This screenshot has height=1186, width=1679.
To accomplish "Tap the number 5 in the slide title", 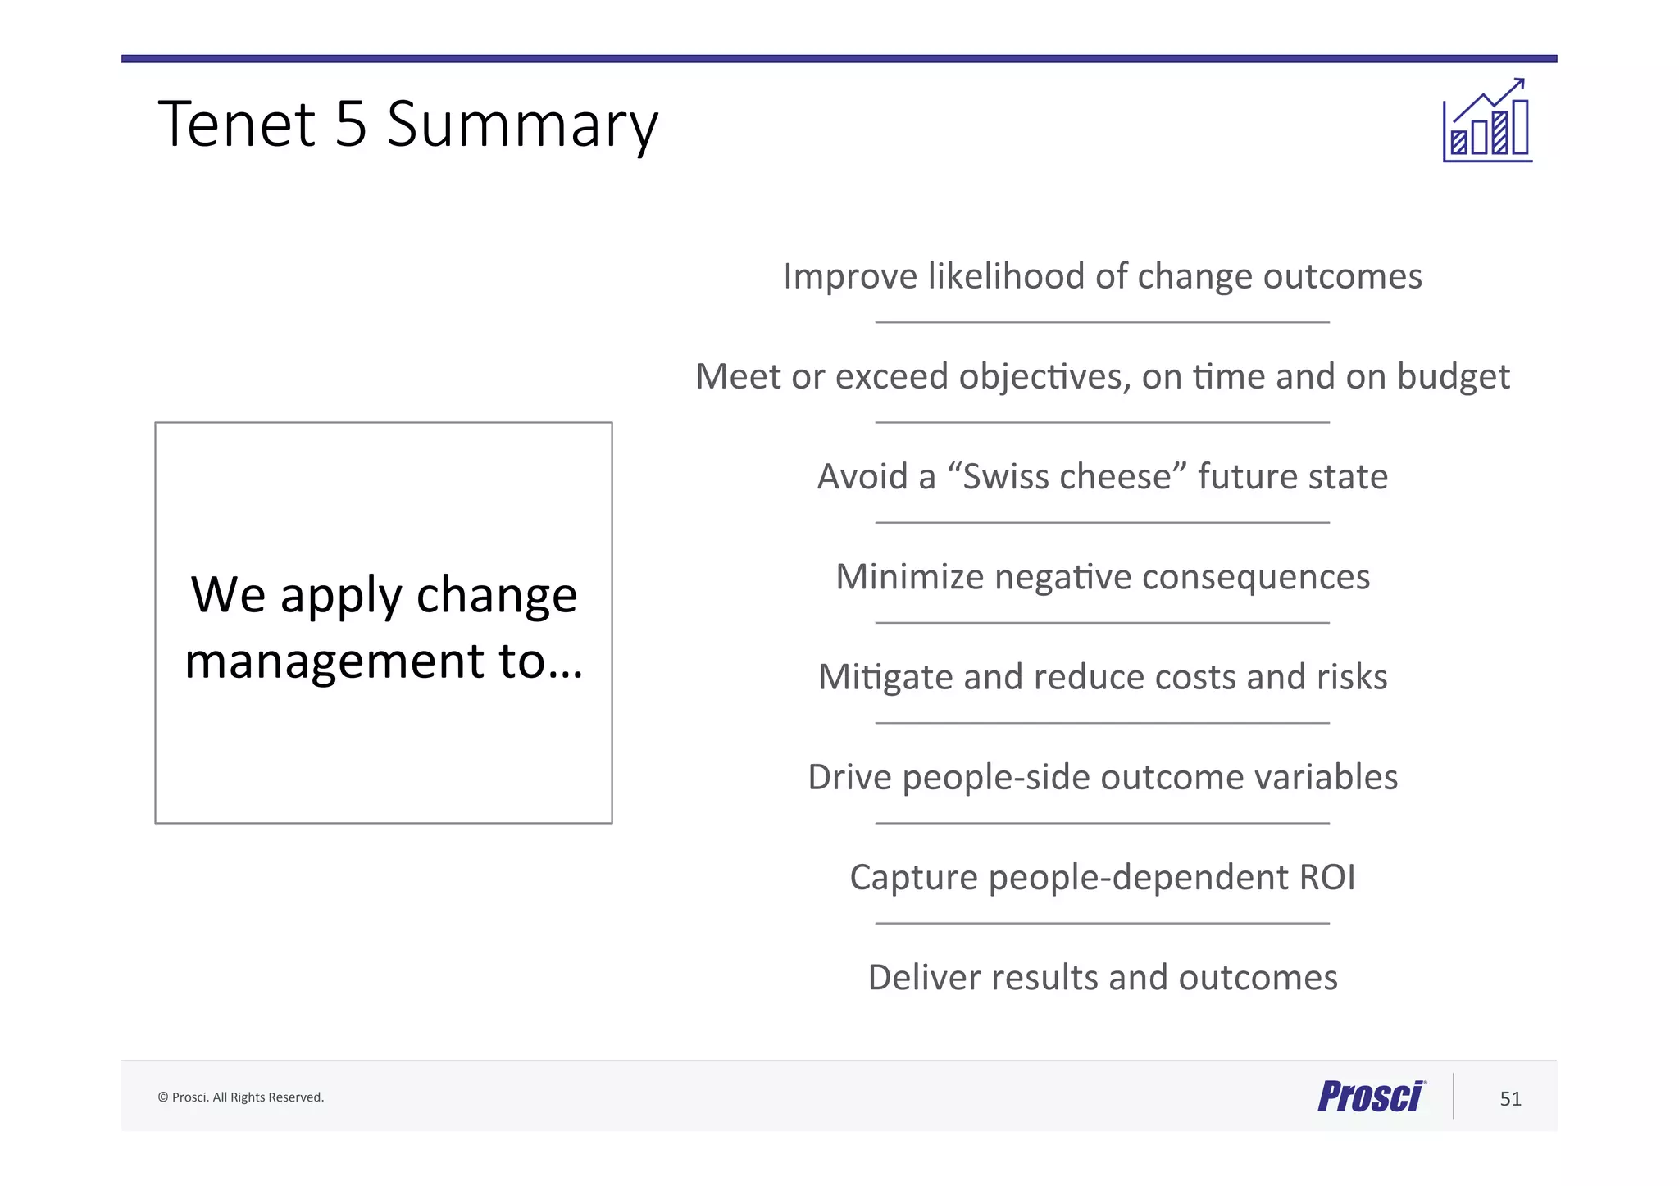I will pyautogui.click(x=351, y=124).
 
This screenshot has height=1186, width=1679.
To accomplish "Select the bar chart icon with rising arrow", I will pyautogui.click(x=1487, y=122).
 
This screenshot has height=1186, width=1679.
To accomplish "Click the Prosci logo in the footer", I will pyautogui.click(x=1371, y=1097).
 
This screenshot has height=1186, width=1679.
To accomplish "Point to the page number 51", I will pyautogui.click(x=1510, y=1099).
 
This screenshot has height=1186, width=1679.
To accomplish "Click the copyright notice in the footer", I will pyautogui.click(x=240, y=1097).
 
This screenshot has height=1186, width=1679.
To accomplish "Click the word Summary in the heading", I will pyautogui.click(x=522, y=124).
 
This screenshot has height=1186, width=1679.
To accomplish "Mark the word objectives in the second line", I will pyautogui.click(x=1044, y=376).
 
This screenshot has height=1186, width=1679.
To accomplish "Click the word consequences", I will pyautogui.click(x=1255, y=577).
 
